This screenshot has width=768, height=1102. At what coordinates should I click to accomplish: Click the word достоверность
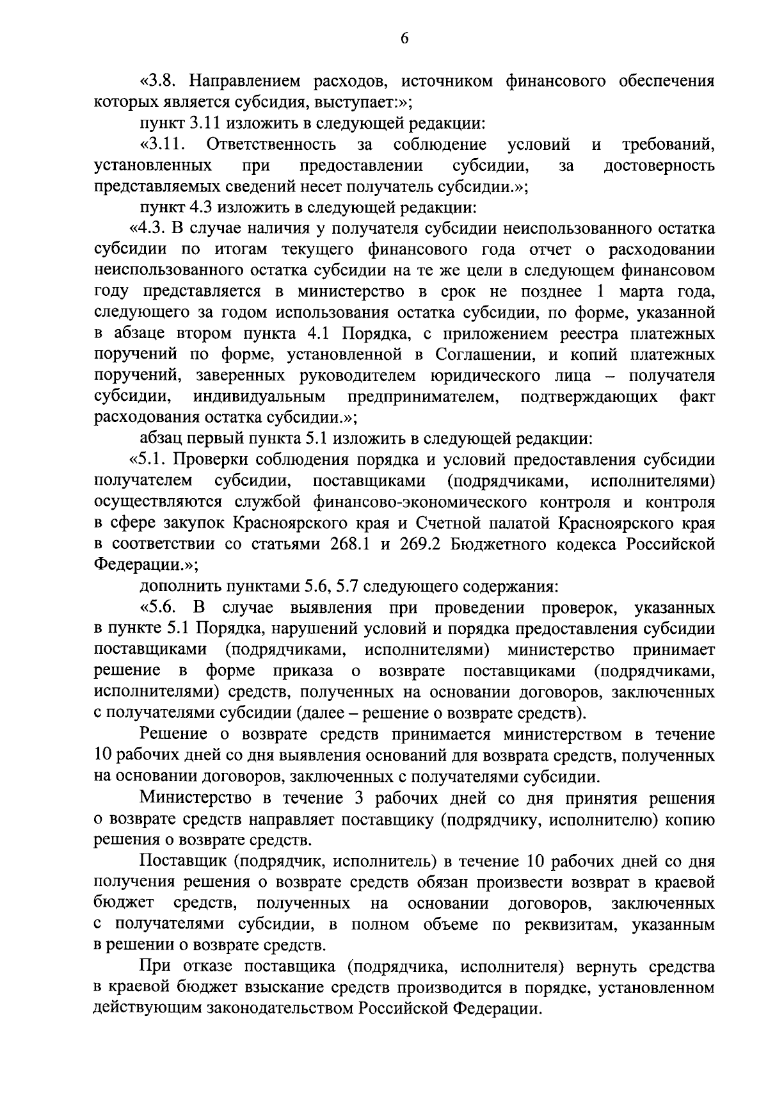[659, 166]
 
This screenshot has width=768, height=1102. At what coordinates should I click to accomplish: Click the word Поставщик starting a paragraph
[182, 861]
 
